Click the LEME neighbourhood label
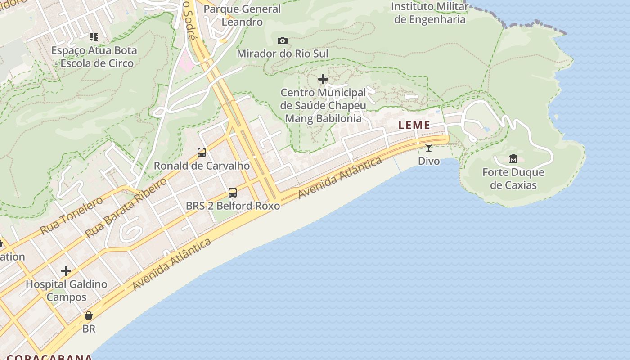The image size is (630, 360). pos(414,126)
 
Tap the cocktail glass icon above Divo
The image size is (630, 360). pos(429,147)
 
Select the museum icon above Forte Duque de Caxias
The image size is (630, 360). pos(513,159)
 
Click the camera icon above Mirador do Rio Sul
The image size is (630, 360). pos(283,41)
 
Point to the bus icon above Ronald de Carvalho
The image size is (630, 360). pos(202,153)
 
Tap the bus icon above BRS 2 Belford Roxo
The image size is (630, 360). pos(233,193)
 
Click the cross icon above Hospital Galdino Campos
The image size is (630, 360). pos(66,271)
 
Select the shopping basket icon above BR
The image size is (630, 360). pos(89,315)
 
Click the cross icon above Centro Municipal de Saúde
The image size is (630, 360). pos(323,80)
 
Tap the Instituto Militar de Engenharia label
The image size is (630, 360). pos(430,13)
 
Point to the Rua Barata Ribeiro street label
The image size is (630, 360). pos(126,207)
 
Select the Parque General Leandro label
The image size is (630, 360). pos(242,15)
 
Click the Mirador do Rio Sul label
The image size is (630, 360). pos(283,54)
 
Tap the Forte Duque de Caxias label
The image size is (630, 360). pos(513,179)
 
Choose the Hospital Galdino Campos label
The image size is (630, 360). pos(67,291)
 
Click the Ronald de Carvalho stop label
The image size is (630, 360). pos(202,166)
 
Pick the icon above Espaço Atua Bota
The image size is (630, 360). pos(94,37)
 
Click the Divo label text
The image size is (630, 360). pos(429,161)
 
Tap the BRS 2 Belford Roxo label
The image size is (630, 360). pos(233,206)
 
